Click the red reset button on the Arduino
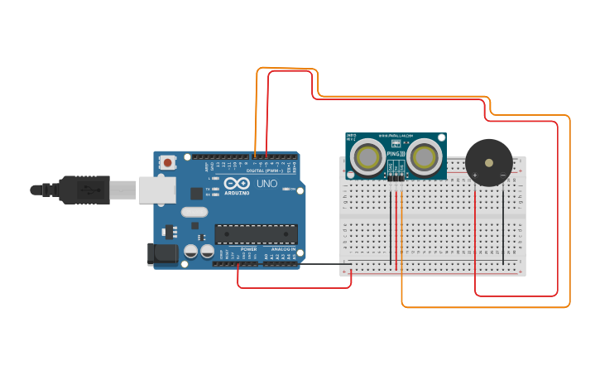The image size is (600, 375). point(168,163)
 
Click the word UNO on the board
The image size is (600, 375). point(267,184)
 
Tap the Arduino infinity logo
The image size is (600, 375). point(236,184)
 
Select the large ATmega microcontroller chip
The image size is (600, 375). point(256,234)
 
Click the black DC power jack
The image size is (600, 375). point(162,254)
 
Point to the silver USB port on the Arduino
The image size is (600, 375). point(157,190)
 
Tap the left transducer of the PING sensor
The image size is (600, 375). point(367,156)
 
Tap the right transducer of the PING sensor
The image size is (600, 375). point(425,156)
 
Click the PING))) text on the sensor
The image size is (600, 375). point(396,153)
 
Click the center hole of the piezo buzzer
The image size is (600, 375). point(489,163)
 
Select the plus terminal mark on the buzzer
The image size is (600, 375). point(475,175)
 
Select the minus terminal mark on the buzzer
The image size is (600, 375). point(503,175)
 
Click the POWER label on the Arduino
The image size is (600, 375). point(248,249)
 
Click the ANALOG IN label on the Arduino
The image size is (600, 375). point(282,249)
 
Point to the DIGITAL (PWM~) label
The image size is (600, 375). point(266,171)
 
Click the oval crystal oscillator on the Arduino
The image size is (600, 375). point(194,212)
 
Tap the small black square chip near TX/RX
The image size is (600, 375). point(196,193)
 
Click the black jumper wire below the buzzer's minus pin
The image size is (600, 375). point(503,224)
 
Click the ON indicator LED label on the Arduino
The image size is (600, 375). point(291,190)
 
